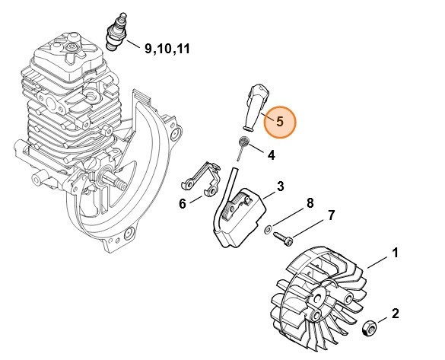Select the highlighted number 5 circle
(x=278, y=120)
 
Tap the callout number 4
(x=271, y=155)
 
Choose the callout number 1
(x=394, y=252)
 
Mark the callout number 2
(x=394, y=313)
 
